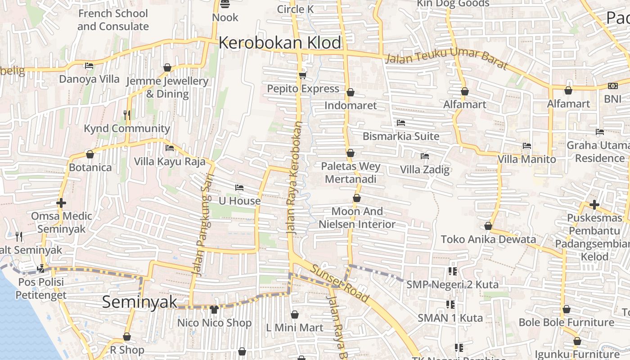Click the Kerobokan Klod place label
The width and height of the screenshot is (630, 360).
pos(280,43)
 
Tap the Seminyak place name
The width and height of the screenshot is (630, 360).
pos(139,302)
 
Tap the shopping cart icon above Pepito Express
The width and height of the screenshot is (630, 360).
pos(302,75)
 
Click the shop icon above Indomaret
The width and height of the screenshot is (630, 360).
pos(351,92)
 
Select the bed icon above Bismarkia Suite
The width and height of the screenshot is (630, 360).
pos(401,122)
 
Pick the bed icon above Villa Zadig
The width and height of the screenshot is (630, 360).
pos(424,156)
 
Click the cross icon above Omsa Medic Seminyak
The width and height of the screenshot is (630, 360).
pos(61,203)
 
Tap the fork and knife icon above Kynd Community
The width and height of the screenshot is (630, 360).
pos(127,115)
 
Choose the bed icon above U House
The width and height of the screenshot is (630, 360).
pos(239,187)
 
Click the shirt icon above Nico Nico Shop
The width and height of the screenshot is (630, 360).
pos(214,310)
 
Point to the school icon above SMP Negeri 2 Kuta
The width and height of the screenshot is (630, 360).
pos(452,271)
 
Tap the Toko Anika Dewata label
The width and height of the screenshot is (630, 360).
pos(488,239)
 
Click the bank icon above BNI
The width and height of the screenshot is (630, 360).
pos(612,85)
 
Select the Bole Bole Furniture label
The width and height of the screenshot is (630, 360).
pos(566,322)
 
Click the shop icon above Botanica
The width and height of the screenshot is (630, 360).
pos(90,154)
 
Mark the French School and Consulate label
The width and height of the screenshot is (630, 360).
pos(113,20)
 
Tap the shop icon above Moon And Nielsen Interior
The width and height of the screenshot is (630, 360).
pos(357,198)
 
